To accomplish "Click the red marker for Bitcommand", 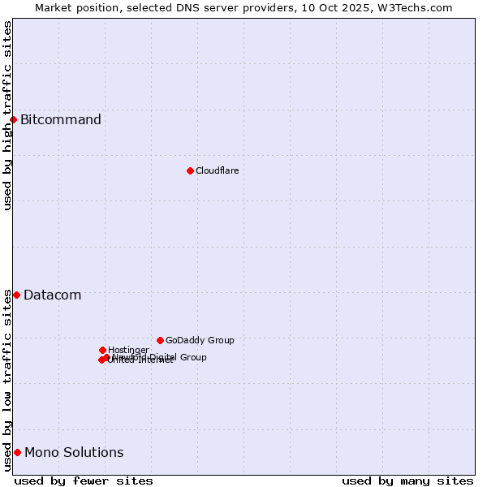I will click(x=13, y=120).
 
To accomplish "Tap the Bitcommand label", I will click(x=61, y=120).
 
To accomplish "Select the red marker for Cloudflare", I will click(x=190, y=170).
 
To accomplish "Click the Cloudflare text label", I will click(x=218, y=170).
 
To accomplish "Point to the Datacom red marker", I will click(x=16, y=295).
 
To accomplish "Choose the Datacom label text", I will click(x=53, y=295).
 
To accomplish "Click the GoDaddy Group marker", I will click(x=160, y=340).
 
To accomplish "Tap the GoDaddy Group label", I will click(x=200, y=341).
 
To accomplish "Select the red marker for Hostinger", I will click(x=102, y=350).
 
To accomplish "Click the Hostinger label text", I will click(x=128, y=351).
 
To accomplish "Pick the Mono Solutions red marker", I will click(x=17, y=452).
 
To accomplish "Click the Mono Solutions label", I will click(x=74, y=453).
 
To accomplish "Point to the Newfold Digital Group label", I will click(x=160, y=357).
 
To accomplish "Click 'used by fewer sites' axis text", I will click(x=84, y=481).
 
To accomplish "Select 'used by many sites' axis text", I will click(x=407, y=481).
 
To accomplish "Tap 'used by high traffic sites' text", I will click(x=7, y=115).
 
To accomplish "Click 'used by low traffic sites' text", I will click(x=7, y=380).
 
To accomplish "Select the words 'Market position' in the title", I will click(x=74, y=7).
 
